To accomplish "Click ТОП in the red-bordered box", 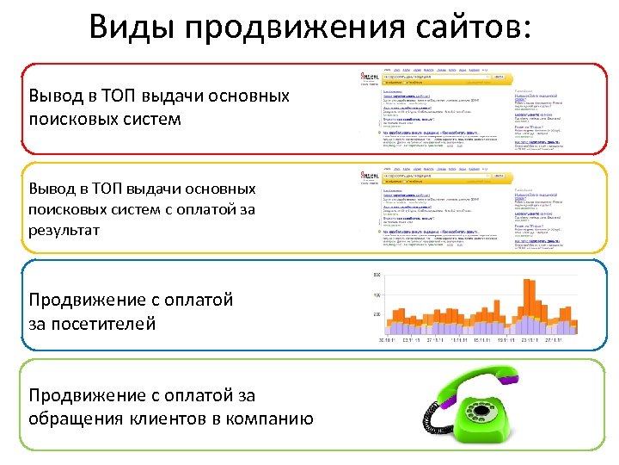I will pos(120,95).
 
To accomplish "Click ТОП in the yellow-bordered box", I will pos(120,188).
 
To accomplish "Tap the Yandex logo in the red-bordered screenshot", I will pos(370,77).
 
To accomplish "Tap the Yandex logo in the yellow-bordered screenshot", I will pos(370,177).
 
